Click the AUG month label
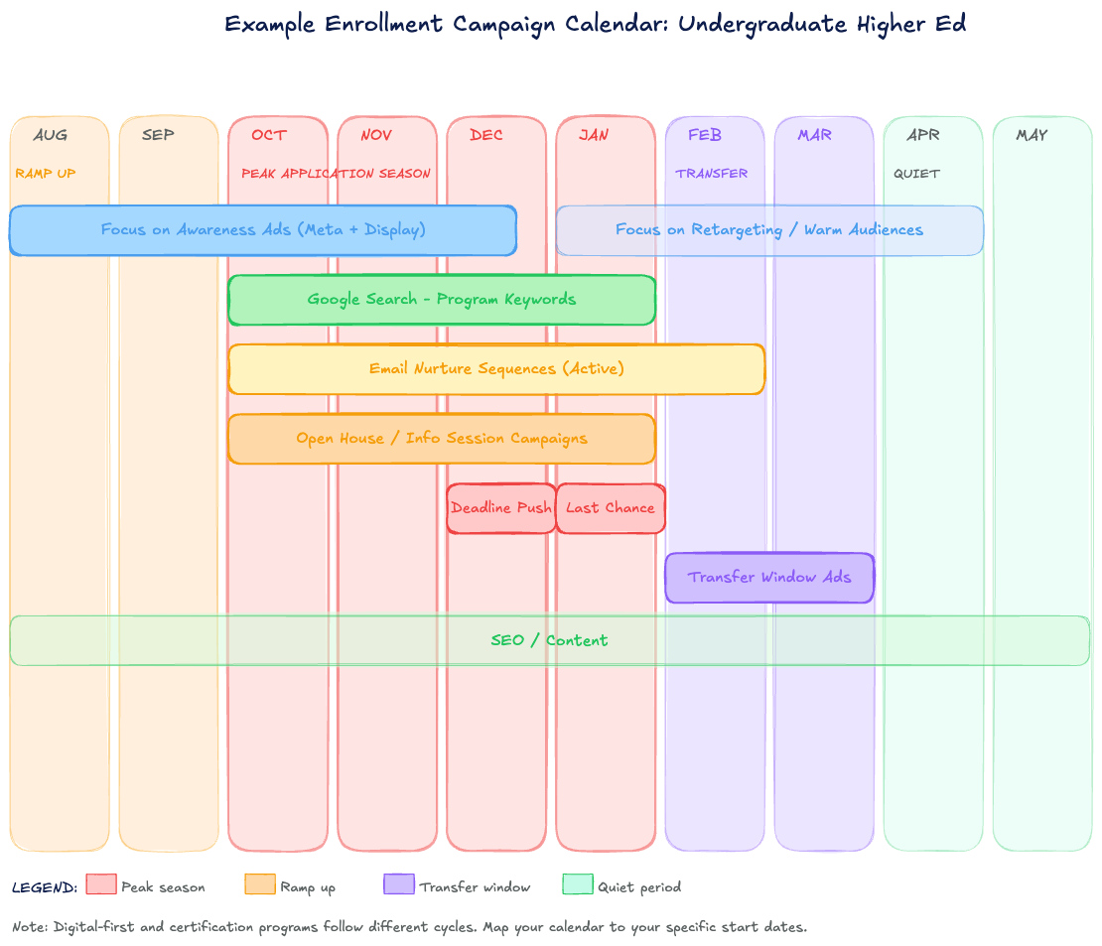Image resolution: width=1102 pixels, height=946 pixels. pyautogui.click(x=50, y=135)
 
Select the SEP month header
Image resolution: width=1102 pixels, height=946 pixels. pyautogui.click(x=158, y=135)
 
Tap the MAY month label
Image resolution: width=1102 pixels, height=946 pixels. pyautogui.click(x=1032, y=135)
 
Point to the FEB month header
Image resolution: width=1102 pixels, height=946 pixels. pyautogui.click(x=704, y=135)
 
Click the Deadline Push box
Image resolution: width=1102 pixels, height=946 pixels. pyautogui.click(x=500, y=508)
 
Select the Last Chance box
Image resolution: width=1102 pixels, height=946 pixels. pyautogui.click(x=610, y=508)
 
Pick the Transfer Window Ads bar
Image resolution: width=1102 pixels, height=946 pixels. pyautogui.click(x=769, y=578)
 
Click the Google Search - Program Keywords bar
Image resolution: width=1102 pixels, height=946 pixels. pyautogui.click(x=441, y=300)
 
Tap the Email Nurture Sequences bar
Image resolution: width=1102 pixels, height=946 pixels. pyautogui.click(x=496, y=369)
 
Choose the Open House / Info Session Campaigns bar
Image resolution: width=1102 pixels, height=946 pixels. pyautogui.click(x=441, y=439)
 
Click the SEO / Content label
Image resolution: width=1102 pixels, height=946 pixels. pyautogui.click(x=549, y=640)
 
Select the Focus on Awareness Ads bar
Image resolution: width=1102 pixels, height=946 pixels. pyautogui.click(x=263, y=230)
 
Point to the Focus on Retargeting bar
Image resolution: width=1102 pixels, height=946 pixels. pyautogui.click(x=769, y=230)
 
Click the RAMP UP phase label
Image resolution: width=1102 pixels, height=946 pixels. pyautogui.click(x=46, y=174)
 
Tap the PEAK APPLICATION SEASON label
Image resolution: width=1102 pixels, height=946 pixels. pyautogui.click(x=336, y=174)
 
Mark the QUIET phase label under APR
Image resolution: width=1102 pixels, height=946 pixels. pyautogui.click(x=916, y=174)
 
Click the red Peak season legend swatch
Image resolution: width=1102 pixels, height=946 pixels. pyautogui.click(x=101, y=884)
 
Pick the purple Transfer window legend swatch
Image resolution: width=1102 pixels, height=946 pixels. pyautogui.click(x=398, y=884)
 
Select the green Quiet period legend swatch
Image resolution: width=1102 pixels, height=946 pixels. pyautogui.click(x=577, y=884)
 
